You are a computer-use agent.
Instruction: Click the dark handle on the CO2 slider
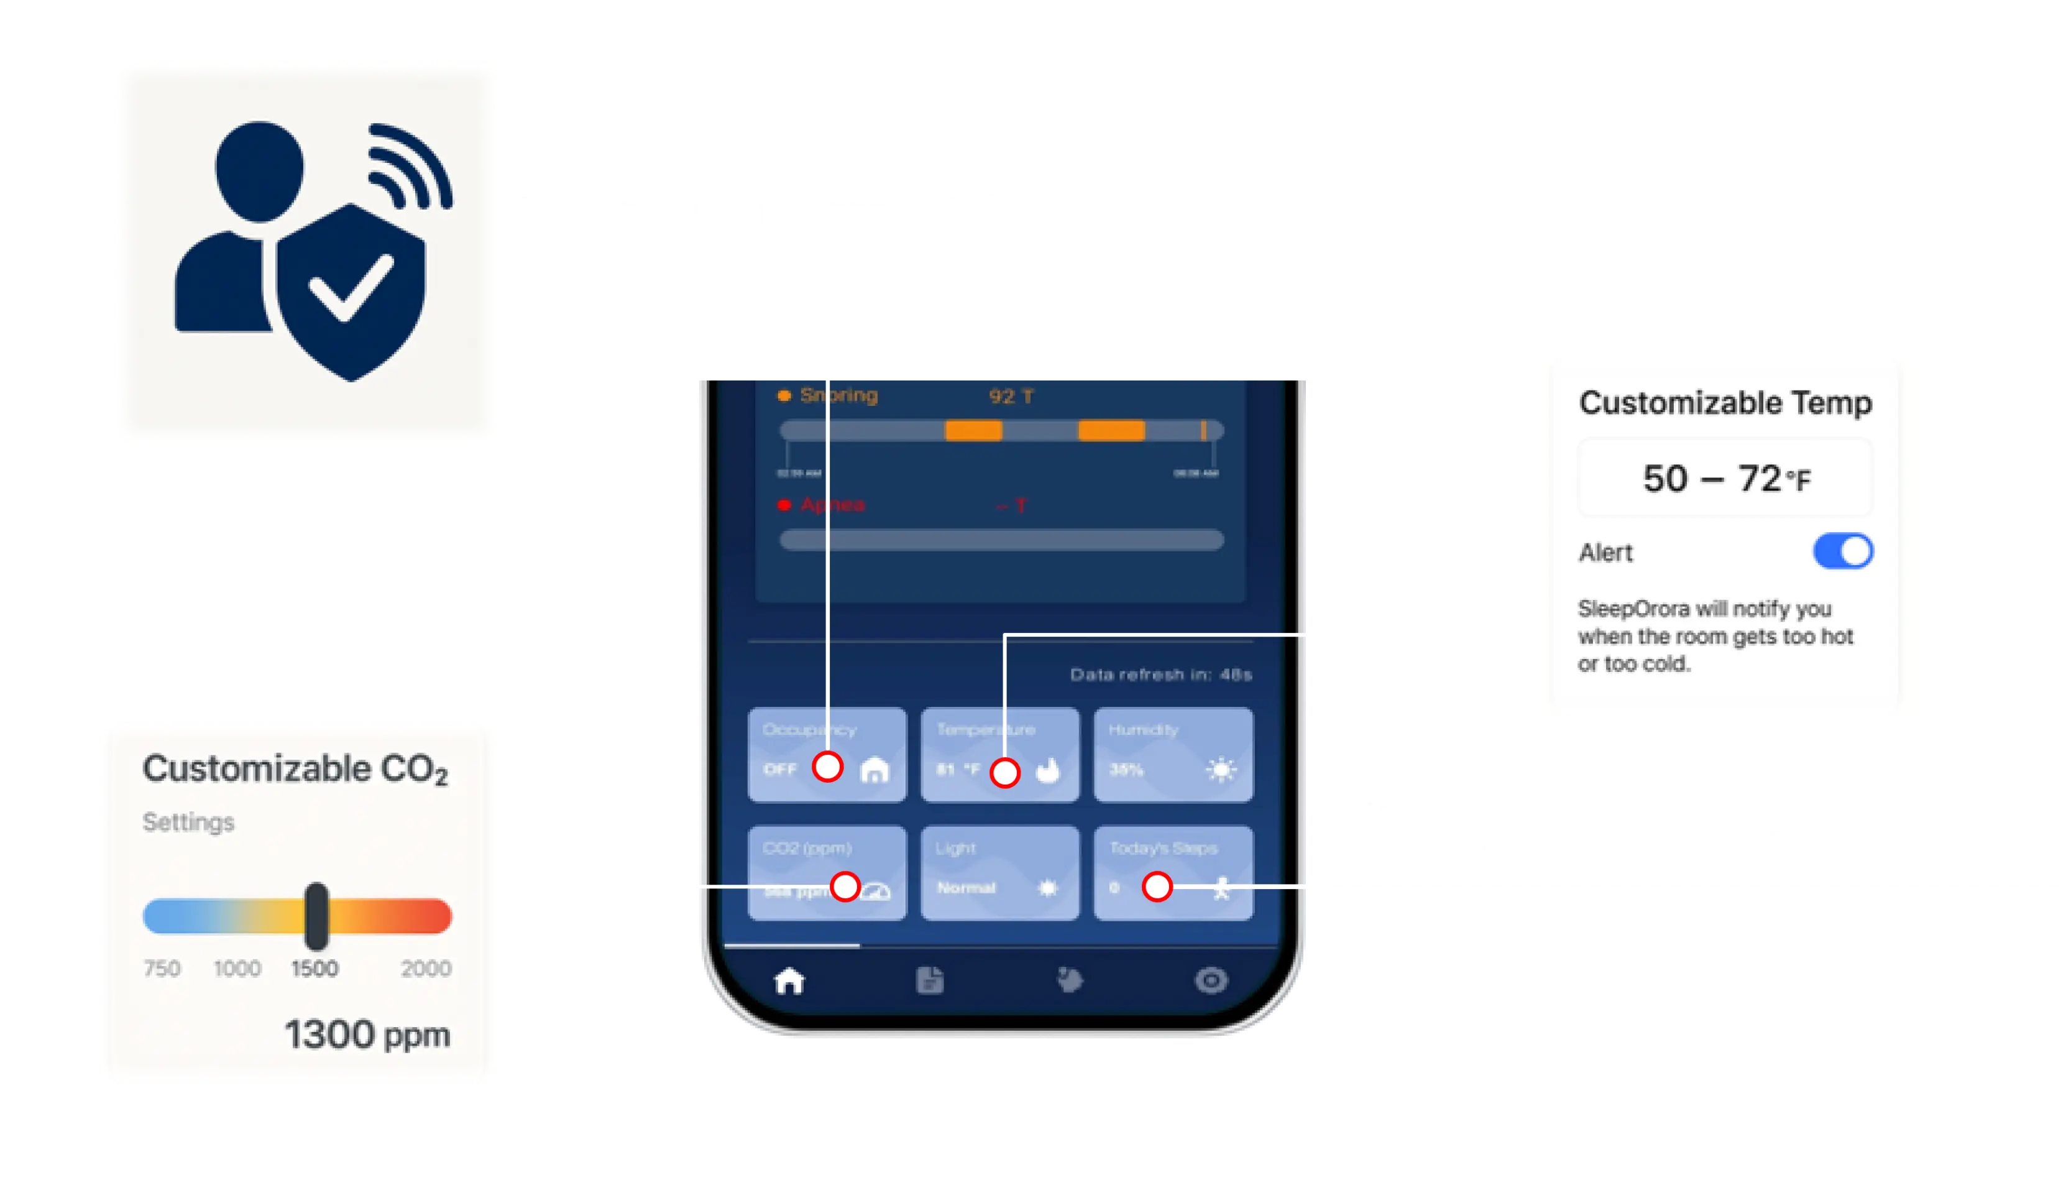(x=316, y=915)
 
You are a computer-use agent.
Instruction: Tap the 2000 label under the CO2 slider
(x=426, y=969)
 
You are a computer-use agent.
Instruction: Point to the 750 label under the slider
(x=162, y=969)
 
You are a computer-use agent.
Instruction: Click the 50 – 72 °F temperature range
(x=1726, y=478)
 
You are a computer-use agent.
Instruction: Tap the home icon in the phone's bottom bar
(x=789, y=981)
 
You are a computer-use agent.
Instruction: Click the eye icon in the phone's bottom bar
(x=1211, y=980)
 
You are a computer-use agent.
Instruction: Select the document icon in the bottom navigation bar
(x=930, y=980)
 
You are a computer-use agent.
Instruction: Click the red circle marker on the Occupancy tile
(x=828, y=767)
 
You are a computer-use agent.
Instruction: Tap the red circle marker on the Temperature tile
(x=1005, y=773)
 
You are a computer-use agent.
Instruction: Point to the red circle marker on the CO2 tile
(x=845, y=887)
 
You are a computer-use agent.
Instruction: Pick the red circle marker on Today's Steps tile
(x=1157, y=887)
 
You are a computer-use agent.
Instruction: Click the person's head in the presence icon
(x=259, y=170)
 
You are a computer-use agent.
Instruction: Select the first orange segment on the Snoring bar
(x=973, y=430)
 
